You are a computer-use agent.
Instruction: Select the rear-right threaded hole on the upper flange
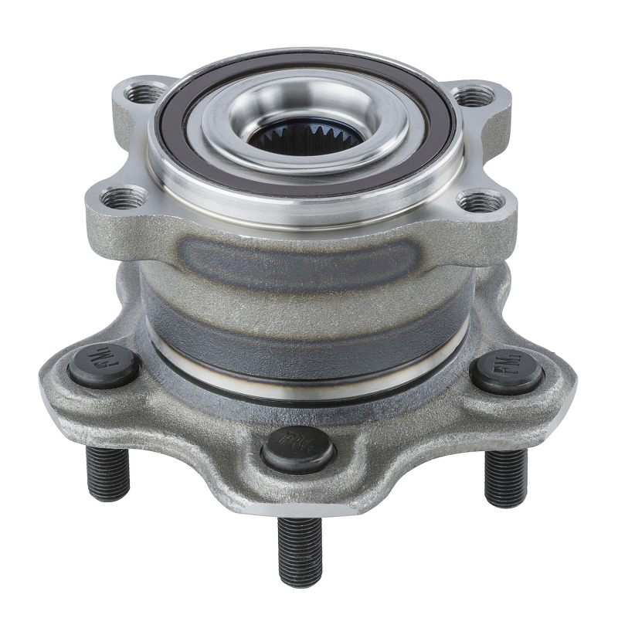pyautogui.click(x=473, y=96)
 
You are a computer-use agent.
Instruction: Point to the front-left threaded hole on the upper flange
pyautogui.click(x=123, y=199)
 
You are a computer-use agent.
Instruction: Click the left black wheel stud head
pyautogui.click(x=104, y=365)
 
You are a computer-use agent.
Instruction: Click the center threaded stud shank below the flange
pyautogui.click(x=300, y=550)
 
